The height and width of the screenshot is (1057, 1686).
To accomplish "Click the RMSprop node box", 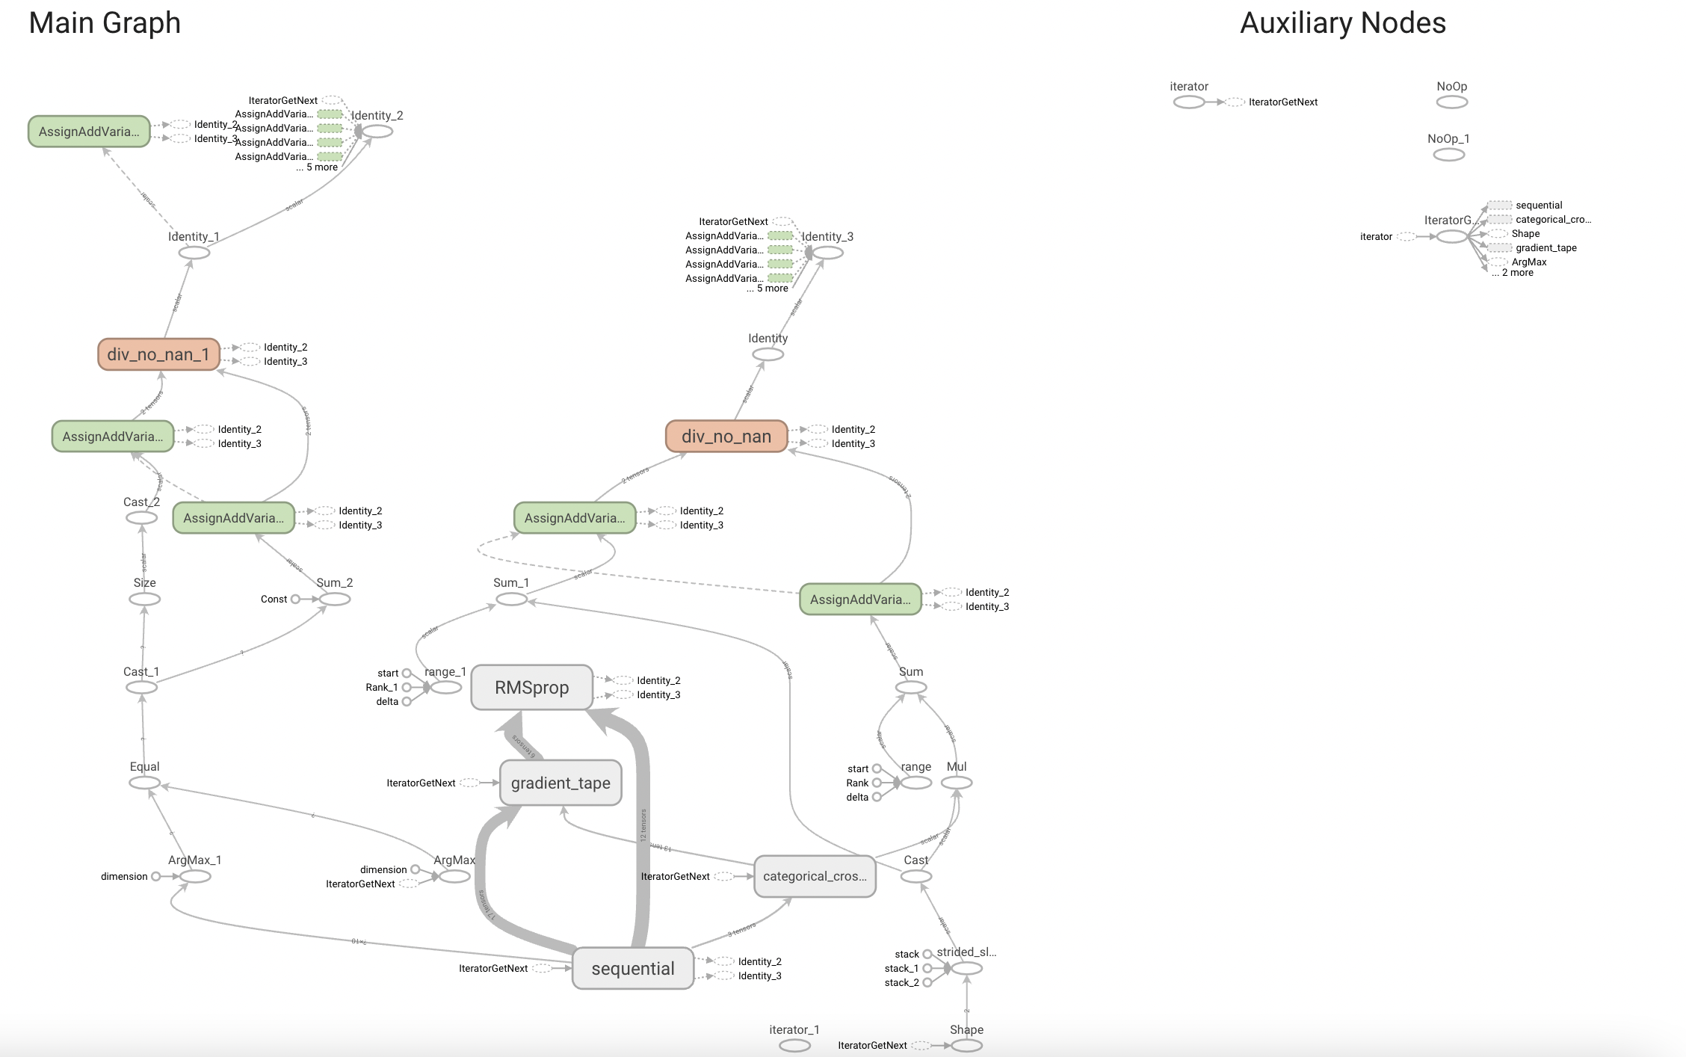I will click(x=531, y=687).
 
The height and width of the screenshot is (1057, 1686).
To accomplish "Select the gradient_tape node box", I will click(x=561, y=783).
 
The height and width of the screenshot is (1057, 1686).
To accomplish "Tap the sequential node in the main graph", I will click(x=632, y=968).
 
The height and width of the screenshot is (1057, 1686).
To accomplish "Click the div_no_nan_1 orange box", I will click(x=158, y=354).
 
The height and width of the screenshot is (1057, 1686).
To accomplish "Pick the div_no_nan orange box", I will click(x=726, y=437).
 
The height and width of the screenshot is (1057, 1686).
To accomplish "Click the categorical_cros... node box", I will click(x=815, y=876).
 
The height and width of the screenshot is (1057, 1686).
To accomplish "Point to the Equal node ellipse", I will click(x=144, y=783).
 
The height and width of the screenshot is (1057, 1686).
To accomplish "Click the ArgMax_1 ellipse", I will click(x=195, y=876).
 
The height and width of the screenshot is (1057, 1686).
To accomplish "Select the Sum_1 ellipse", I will click(x=512, y=599).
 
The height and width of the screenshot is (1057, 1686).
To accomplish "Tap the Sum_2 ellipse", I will click(x=335, y=599).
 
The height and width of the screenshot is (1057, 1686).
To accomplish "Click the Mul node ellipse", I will click(x=957, y=783).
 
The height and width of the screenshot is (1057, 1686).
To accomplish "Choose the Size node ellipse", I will click(x=144, y=599).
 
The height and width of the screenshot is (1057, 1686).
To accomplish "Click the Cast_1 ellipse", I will click(x=141, y=687).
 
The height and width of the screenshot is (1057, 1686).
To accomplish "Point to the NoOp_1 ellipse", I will click(x=1448, y=155).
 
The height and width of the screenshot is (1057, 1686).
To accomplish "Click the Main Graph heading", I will click(x=105, y=23).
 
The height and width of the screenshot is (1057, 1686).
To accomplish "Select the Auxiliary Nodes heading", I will click(x=1343, y=23).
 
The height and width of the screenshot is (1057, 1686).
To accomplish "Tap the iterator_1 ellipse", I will click(x=794, y=1046).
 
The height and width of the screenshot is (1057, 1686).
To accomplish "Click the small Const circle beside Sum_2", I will click(x=295, y=599).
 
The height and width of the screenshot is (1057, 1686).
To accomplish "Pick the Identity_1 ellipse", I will click(x=194, y=253).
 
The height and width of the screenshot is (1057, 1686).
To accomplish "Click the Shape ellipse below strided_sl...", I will click(x=966, y=1046).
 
